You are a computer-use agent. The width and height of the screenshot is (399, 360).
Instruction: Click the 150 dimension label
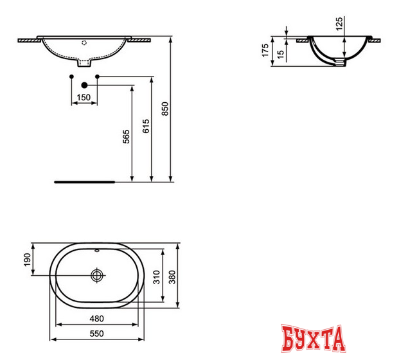(x=83, y=98)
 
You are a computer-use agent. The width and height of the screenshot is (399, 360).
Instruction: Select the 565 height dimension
(x=126, y=137)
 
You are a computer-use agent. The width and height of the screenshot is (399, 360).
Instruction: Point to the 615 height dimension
(x=145, y=127)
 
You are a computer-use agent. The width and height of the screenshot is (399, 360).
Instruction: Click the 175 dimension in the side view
(x=265, y=51)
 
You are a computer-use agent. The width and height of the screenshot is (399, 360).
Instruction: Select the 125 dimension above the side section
(x=338, y=25)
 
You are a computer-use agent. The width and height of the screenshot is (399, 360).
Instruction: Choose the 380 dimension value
(x=173, y=276)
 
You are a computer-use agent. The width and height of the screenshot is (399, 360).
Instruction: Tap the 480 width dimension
(x=96, y=318)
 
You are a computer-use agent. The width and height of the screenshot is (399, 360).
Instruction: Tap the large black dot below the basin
(x=84, y=84)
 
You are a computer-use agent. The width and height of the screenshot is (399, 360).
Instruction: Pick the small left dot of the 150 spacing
(x=70, y=77)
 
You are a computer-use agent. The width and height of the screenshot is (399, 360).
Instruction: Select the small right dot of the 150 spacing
(x=97, y=77)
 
